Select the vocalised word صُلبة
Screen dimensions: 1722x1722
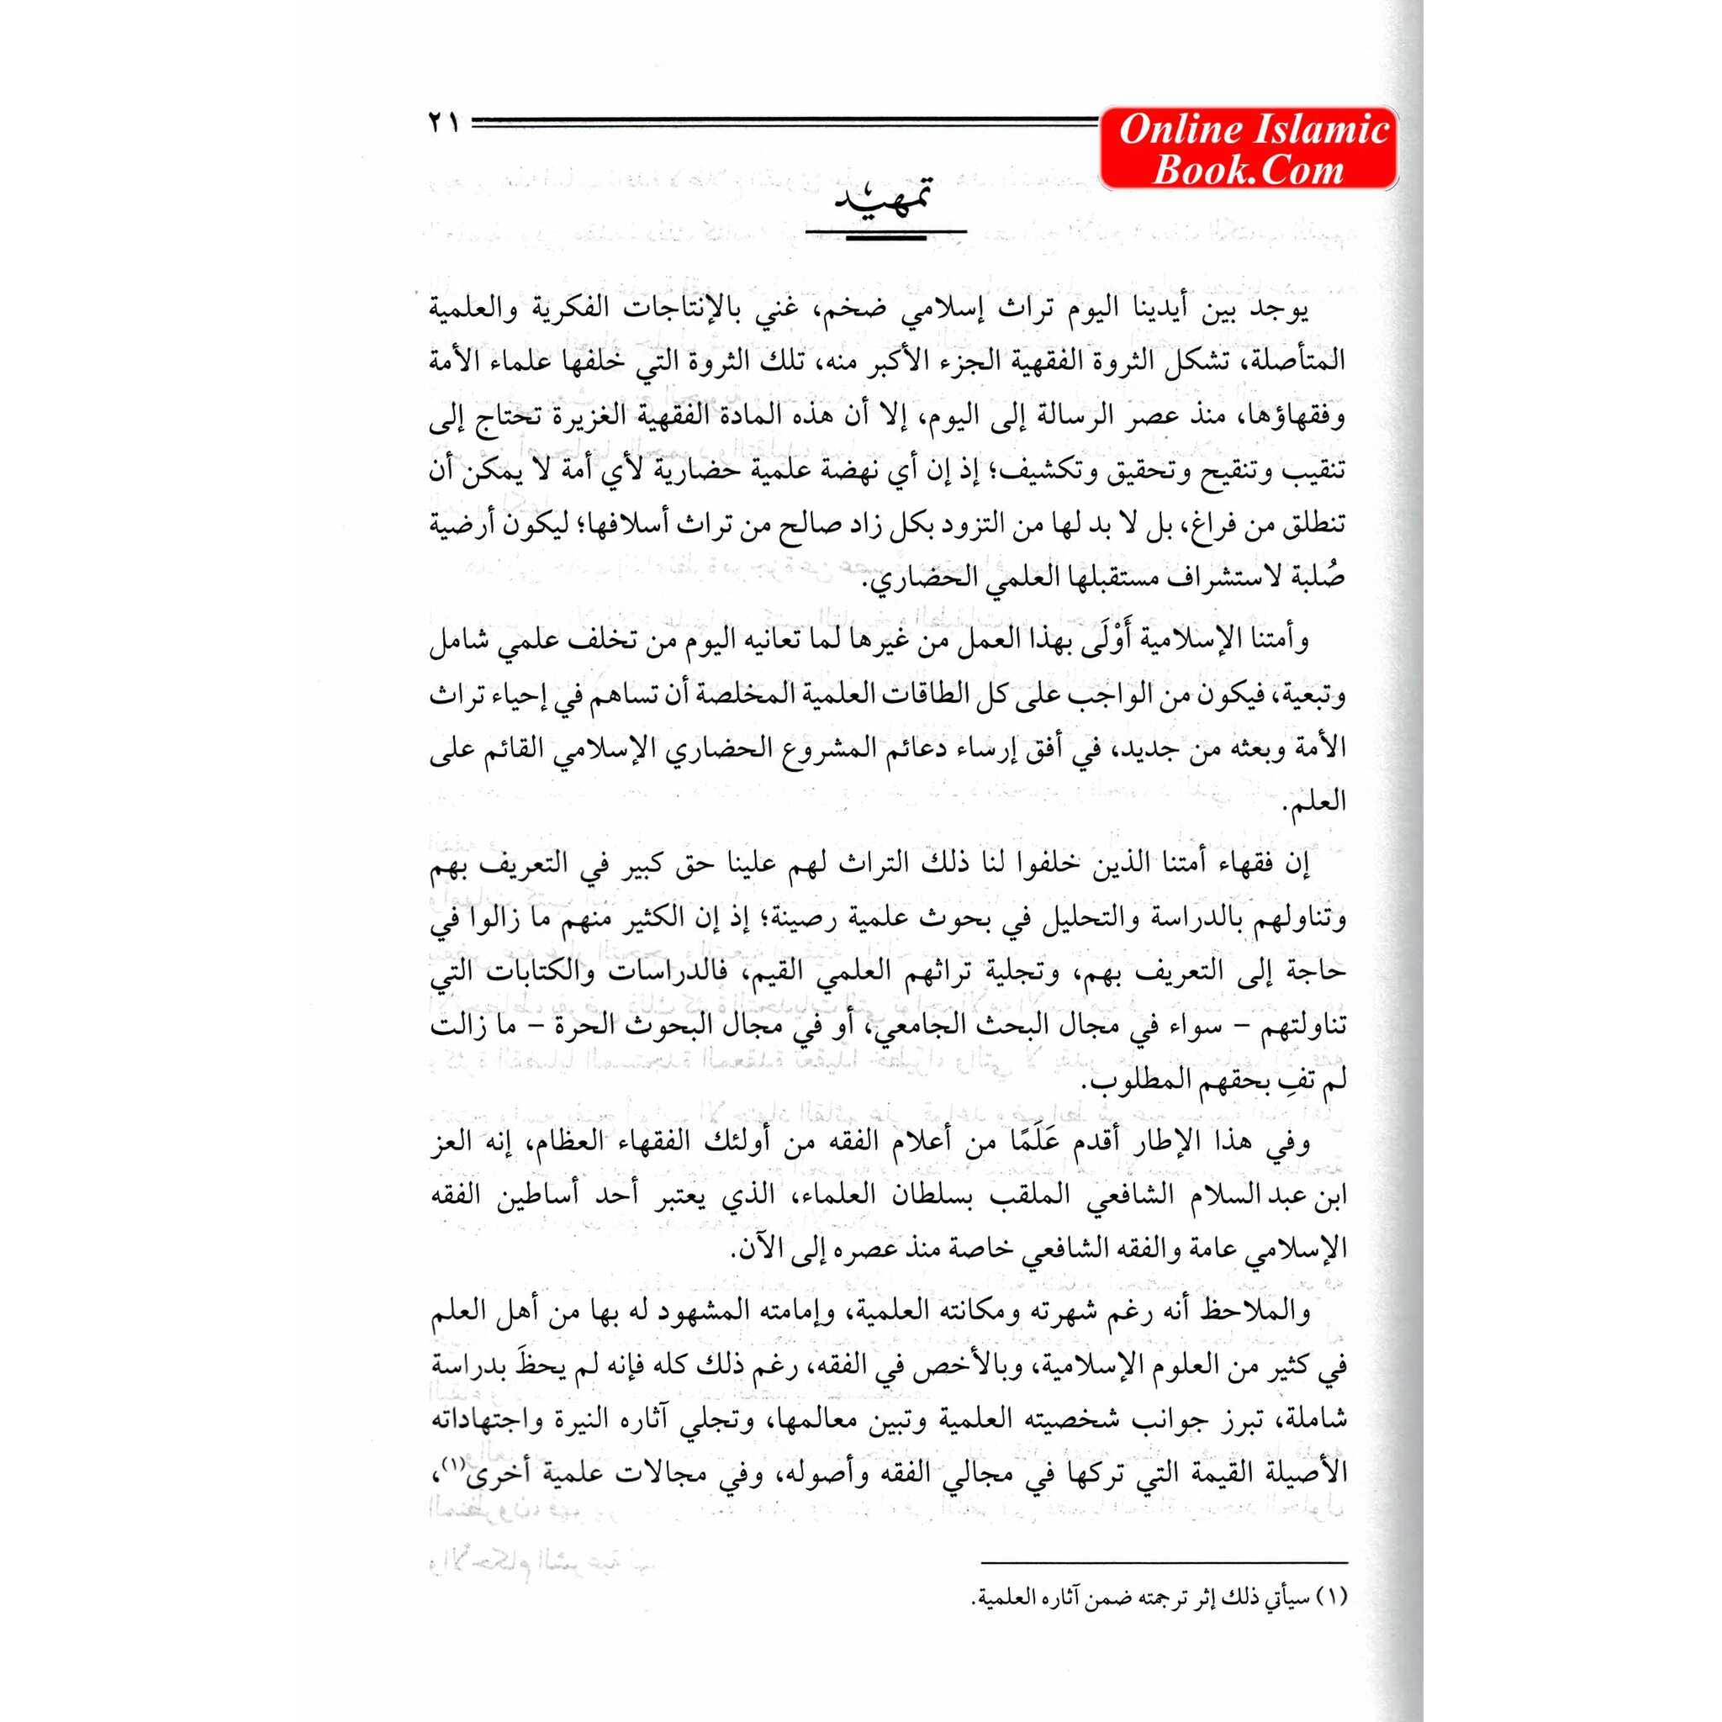[x=1316, y=580]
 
